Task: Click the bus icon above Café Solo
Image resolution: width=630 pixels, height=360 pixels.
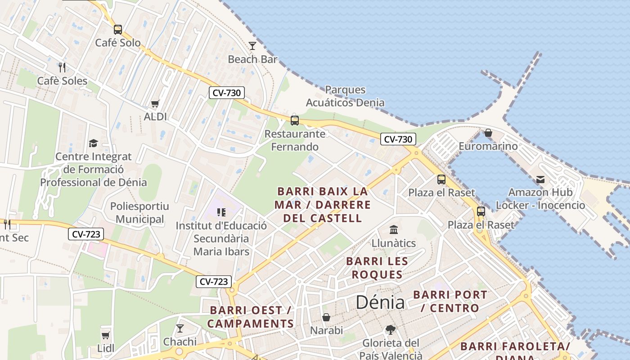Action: (x=118, y=30)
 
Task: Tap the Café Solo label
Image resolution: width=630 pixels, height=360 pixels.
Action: (x=118, y=43)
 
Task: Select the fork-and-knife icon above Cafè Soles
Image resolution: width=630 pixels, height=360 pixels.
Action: (x=62, y=67)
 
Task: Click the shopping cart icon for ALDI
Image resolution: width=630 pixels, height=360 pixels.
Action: (x=155, y=104)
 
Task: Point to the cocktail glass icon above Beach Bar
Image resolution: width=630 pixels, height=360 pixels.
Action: (x=252, y=46)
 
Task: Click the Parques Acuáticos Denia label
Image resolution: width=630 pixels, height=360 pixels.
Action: (x=345, y=96)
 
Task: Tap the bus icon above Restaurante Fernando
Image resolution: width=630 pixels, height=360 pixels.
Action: (x=295, y=121)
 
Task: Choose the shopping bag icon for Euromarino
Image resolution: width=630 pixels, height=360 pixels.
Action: (x=488, y=133)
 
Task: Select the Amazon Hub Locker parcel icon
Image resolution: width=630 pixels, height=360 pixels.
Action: (x=540, y=180)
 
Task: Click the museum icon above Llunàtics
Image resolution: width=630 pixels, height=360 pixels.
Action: (x=394, y=230)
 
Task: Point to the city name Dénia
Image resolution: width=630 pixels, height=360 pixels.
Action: (x=380, y=302)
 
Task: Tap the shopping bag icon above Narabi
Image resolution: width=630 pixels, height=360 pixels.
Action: (x=326, y=317)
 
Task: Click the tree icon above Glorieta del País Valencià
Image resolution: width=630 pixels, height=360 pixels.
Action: (x=391, y=330)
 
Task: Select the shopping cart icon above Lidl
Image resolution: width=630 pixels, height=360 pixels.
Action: (x=105, y=335)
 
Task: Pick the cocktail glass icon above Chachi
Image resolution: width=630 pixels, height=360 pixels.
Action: (x=180, y=328)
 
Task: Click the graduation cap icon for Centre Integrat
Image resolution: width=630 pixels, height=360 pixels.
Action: (x=93, y=143)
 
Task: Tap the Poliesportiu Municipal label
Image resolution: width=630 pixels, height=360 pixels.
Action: (x=139, y=213)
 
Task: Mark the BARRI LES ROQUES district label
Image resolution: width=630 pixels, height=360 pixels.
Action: (x=377, y=268)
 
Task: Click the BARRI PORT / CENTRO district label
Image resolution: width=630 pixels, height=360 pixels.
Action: (x=450, y=301)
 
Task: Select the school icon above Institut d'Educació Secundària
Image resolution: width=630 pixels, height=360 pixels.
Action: (x=221, y=212)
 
